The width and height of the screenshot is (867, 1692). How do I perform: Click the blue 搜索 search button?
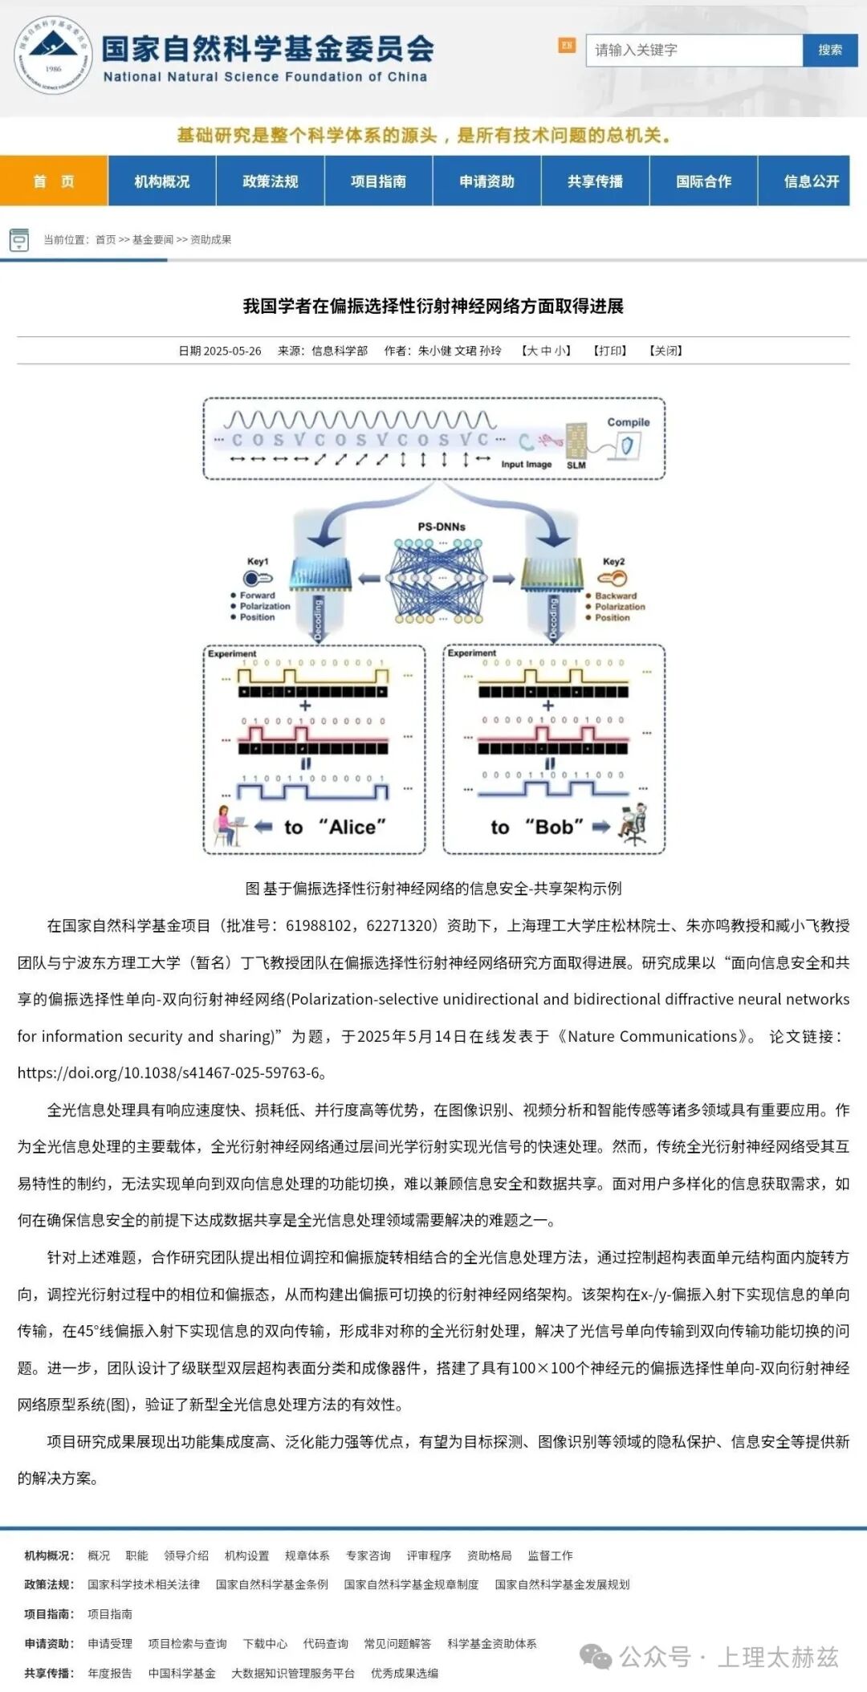[829, 50]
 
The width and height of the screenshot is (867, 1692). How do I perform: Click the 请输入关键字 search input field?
[694, 50]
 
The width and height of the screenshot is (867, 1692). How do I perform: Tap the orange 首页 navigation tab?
[54, 181]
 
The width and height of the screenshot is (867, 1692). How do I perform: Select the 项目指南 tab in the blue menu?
[378, 181]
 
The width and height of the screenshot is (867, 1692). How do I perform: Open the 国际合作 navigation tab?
[703, 181]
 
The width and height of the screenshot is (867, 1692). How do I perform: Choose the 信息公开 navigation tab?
[811, 181]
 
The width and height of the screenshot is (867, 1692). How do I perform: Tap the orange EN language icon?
[567, 46]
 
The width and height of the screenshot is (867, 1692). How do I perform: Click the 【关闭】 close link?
[666, 351]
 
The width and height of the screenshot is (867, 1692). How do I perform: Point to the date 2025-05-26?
[232, 351]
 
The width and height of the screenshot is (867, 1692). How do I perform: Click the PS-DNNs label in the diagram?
[442, 527]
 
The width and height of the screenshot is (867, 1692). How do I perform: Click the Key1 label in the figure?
[258, 562]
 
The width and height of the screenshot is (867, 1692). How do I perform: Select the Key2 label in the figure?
[613, 562]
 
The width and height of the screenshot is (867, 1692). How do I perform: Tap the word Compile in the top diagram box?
[628, 422]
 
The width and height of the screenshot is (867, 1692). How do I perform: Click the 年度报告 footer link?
[110, 1674]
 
